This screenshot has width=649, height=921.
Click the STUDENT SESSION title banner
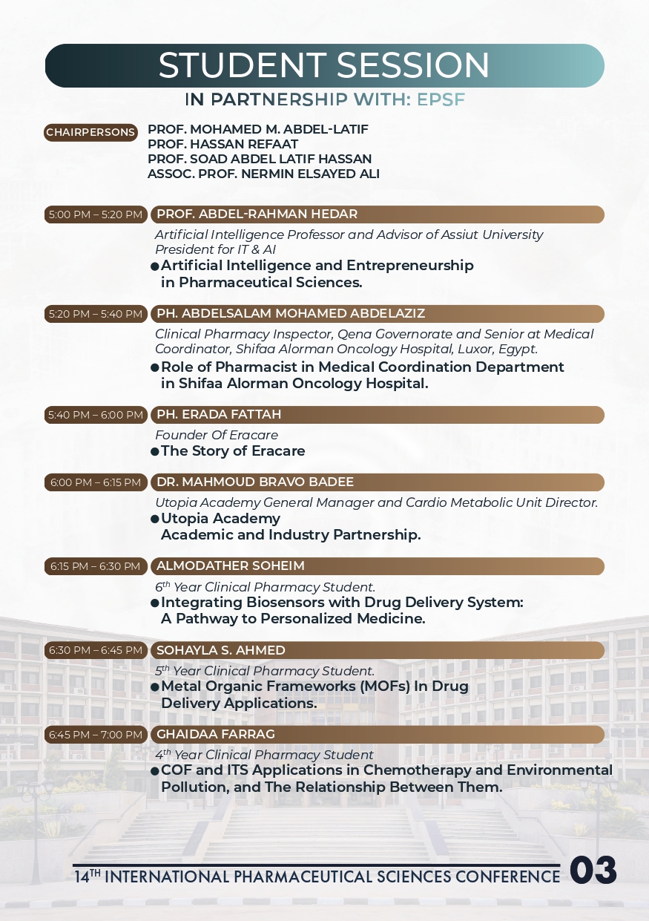(x=324, y=65)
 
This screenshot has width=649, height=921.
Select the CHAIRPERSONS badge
(x=91, y=133)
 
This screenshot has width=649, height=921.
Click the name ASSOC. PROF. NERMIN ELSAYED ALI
(x=263, y=174)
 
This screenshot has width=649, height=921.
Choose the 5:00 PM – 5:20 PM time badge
(x=96, y=214)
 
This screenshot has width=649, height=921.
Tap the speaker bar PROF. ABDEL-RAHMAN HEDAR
(x=377, y=214)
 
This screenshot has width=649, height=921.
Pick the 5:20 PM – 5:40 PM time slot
(x=96, y=314)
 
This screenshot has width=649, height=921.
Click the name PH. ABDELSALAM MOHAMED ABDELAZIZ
(x=291, y=313)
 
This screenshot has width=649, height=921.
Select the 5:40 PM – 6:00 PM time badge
(x=96, y=415)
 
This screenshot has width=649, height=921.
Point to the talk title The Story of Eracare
(x=233, y=451)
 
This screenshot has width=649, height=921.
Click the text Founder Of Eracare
(x=217, y=435)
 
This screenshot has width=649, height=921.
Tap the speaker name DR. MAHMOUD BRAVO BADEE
(x=255, y=482)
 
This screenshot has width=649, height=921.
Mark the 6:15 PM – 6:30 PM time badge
(x=96, y=566)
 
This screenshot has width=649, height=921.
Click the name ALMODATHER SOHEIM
(x=231, y=566)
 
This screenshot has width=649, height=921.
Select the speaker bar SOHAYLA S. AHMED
(x=377, y=651)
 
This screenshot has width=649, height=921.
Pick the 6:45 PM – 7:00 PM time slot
(x=96, y=735)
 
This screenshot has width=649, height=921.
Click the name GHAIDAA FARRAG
(x=216, y=735)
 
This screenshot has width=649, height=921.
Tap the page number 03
(x=593, y=871)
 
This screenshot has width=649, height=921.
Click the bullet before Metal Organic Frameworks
(x=155, y=687)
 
